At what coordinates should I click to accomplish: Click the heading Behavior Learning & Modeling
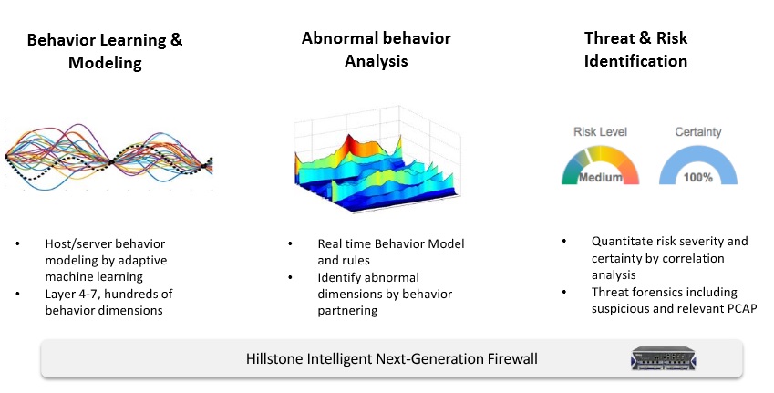[105, 51]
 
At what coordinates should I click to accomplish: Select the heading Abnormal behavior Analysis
[377, 49]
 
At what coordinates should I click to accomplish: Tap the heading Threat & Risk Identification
[635, 49]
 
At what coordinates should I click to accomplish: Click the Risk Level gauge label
[600, 132]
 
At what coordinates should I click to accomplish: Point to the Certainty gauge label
[698, 132]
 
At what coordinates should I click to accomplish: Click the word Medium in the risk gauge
[600, 177]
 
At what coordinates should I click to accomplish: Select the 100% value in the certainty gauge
[698, 177]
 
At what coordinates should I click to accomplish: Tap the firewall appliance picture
[663, 358]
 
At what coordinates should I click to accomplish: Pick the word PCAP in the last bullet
[742, 308]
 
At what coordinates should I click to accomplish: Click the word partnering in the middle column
[347, 311]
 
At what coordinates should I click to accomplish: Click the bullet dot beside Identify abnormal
[290, 277]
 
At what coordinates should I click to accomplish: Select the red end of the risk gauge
[631, 175]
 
